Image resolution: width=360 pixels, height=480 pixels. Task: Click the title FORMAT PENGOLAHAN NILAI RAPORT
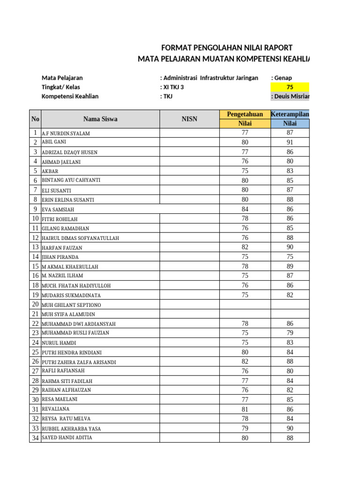(227, 48)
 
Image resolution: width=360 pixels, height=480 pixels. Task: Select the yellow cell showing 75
(290, 87)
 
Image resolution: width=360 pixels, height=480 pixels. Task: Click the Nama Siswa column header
(100, 119)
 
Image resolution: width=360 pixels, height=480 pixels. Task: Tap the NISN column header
(189, 119)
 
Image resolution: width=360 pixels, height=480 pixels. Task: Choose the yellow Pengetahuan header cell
(245, 114)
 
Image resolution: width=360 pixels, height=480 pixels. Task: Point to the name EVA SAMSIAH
(58, 210)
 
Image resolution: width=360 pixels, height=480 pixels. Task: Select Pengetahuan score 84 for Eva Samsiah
(245, 209)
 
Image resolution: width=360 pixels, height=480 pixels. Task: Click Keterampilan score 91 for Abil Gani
(290, 142)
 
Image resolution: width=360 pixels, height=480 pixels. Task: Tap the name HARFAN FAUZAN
(62, 247)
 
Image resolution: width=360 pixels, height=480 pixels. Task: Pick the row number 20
(35, 304)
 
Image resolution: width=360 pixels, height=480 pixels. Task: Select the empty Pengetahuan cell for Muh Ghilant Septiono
(245, 304)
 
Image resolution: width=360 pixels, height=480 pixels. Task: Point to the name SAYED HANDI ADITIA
(67, 438)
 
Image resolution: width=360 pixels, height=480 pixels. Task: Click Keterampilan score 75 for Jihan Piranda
(290, 256)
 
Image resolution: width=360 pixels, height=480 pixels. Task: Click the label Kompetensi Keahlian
(70, 97)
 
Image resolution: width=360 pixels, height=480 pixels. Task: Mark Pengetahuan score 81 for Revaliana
(245, 409)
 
